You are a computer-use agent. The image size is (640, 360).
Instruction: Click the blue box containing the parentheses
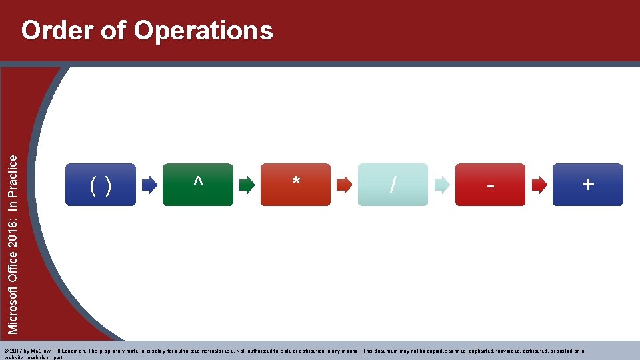tap(100, 185)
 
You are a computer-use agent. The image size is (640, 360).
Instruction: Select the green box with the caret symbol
tap(198, 185)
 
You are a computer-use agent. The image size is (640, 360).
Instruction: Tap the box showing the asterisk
tap(295, 185)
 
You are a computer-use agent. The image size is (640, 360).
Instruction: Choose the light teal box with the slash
tap(393, 185)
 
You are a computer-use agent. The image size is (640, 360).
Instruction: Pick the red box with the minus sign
tap(490, 185)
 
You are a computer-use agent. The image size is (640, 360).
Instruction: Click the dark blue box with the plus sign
tap(587, 185)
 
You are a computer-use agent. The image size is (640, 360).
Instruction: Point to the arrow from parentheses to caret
tap(150, 185)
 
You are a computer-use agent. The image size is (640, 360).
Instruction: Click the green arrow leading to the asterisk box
tap(247, 185)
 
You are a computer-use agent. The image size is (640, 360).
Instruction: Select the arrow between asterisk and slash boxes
tap(345, 185)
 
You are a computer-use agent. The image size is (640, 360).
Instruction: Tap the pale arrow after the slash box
tap(442, 185)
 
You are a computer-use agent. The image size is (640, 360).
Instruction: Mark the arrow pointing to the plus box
tap(539, 185)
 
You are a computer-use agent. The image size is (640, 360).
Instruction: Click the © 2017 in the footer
tap(13, 351)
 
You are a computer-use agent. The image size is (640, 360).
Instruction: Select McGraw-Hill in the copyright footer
tap(43, 351)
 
